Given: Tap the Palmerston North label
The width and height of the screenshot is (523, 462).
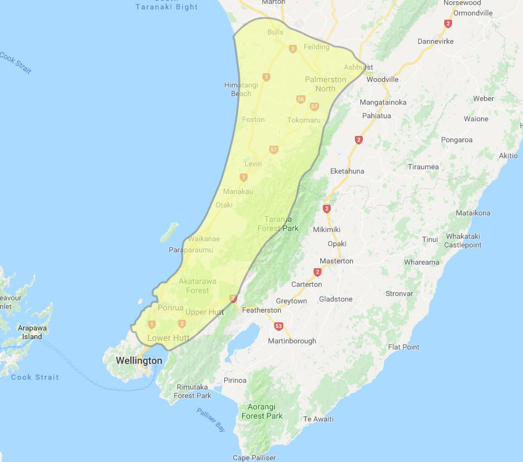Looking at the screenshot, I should pos(325,84).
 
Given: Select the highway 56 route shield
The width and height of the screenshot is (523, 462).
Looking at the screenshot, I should pos(301,99).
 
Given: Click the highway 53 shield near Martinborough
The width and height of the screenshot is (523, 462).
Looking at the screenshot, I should pos(279,326).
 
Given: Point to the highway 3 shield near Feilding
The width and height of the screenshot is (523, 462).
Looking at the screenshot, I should pos(293,49).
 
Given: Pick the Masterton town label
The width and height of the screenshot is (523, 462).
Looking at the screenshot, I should pos(336,261).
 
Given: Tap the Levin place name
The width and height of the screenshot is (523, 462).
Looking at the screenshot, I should pos(253,164).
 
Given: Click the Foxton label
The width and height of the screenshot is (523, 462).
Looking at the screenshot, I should pos(253,119).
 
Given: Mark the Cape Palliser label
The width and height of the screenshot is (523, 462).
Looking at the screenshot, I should pos(255,458).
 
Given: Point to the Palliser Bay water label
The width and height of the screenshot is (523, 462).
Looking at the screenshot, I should pos(211,421).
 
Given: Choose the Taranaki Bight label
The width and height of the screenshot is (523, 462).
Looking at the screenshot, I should pos(166,7).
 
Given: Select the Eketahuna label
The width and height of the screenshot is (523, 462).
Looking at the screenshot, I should pos(347,171).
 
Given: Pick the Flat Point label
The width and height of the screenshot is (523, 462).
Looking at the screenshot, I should pos(403,347).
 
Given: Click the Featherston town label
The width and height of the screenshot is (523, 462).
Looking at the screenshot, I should pos(262,310).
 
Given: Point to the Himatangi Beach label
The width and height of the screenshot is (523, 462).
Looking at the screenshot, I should pos(237,89).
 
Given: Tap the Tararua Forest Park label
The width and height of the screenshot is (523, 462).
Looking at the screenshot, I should pos(281,224).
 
